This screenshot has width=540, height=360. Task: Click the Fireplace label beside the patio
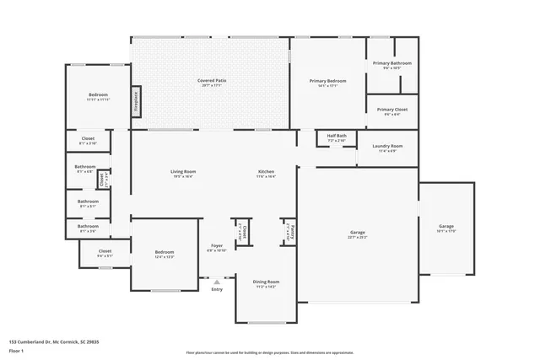click(x=136, y=100)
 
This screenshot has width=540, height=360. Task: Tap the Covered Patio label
click(x=211, y=80)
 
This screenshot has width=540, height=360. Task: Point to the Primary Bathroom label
click(x=393, y=63)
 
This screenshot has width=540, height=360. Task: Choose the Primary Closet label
click(x=392, y=110)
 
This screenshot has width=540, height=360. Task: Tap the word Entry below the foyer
click(x=217, y=289)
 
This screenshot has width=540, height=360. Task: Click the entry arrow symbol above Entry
click(x=217, y=282)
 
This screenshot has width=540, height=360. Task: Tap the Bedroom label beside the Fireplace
click(x=99, y=96)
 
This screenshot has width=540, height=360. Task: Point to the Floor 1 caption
click(x=17, y=350)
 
